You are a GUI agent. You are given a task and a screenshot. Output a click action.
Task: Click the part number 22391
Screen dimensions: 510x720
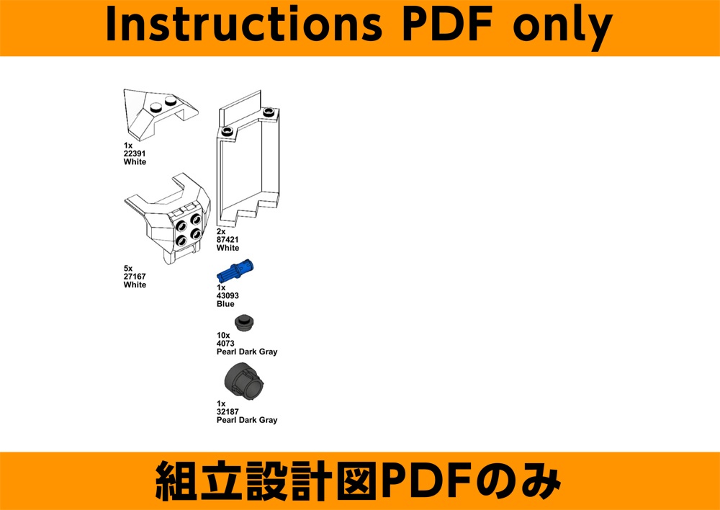(135, 153)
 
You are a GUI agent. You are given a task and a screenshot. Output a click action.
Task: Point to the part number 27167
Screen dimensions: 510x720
(135, 276)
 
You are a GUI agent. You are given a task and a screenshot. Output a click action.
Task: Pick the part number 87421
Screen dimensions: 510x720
(228, 240)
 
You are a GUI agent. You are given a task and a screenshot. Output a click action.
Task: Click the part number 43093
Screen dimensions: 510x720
(228, 295)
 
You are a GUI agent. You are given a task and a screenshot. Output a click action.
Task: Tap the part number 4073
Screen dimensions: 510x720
(226, 344)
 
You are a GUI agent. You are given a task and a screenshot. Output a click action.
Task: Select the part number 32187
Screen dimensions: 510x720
(228, 411)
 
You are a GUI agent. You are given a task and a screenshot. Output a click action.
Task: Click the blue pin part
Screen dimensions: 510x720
(235, 272)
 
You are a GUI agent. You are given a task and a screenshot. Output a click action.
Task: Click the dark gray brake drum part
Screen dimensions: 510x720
(245, 381)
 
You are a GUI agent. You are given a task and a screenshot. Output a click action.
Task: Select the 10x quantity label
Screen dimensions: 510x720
(223, 335)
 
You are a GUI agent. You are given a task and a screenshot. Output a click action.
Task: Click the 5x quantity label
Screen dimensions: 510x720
(128, 267)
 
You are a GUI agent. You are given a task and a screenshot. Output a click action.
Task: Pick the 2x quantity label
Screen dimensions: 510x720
(221, 231)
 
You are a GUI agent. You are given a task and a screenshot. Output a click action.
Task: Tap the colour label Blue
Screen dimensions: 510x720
(225, 304)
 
